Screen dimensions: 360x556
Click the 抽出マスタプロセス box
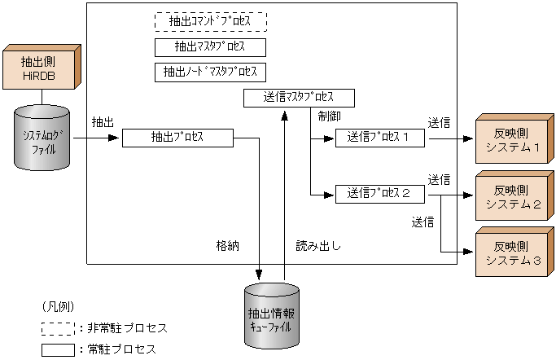tap(211, 46)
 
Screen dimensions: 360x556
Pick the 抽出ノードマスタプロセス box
tap(211, 72)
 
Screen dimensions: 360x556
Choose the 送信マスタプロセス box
tap(300, 98)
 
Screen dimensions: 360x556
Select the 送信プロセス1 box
tap(382, 138)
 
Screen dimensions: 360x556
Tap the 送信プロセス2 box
tap(382, 194)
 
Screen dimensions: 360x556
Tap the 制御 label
tap(331, 117)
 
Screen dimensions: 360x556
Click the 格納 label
tap(227, 244)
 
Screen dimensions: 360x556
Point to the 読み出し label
tap(318, 244)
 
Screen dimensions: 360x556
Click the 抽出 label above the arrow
tap(103, 121)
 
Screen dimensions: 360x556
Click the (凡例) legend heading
tap(58, 306)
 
